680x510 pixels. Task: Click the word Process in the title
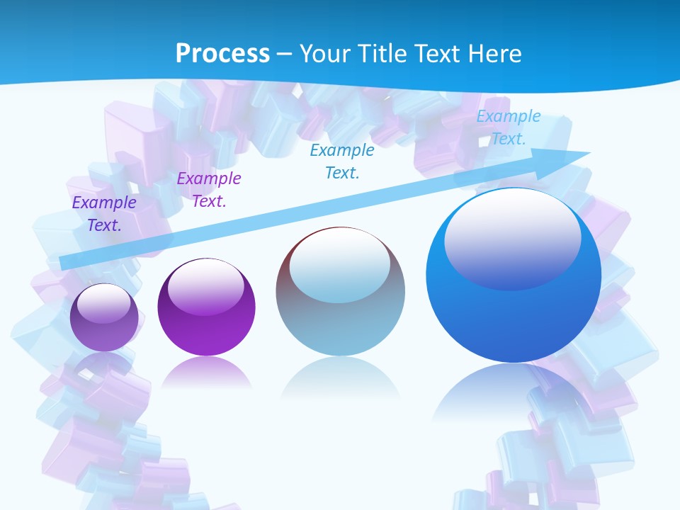click(x=222, y=53)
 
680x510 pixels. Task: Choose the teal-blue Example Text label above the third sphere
click(x=342, y=161)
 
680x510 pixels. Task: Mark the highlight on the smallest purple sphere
click(x=104, y=303)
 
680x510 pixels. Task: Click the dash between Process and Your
click(x=285, y=54)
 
